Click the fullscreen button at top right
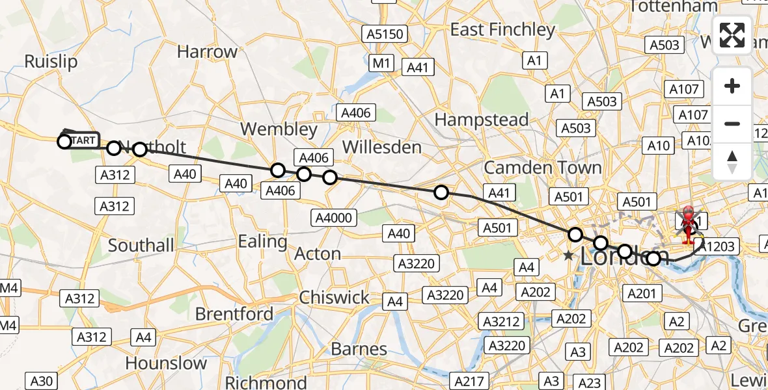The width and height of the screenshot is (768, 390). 732,35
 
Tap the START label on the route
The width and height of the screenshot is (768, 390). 83,140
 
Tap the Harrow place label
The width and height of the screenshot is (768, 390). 207,52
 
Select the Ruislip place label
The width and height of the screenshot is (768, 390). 51,62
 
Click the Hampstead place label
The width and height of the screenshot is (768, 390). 481,120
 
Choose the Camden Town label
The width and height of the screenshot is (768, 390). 543,168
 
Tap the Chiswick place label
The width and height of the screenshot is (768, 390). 334,298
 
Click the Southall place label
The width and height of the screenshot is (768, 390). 141,246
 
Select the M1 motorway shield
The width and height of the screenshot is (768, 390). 381,63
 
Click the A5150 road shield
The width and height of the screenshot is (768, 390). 385,34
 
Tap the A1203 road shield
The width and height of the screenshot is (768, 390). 719,246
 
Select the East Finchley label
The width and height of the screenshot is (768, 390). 502,30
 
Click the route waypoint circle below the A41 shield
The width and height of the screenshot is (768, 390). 441,192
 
